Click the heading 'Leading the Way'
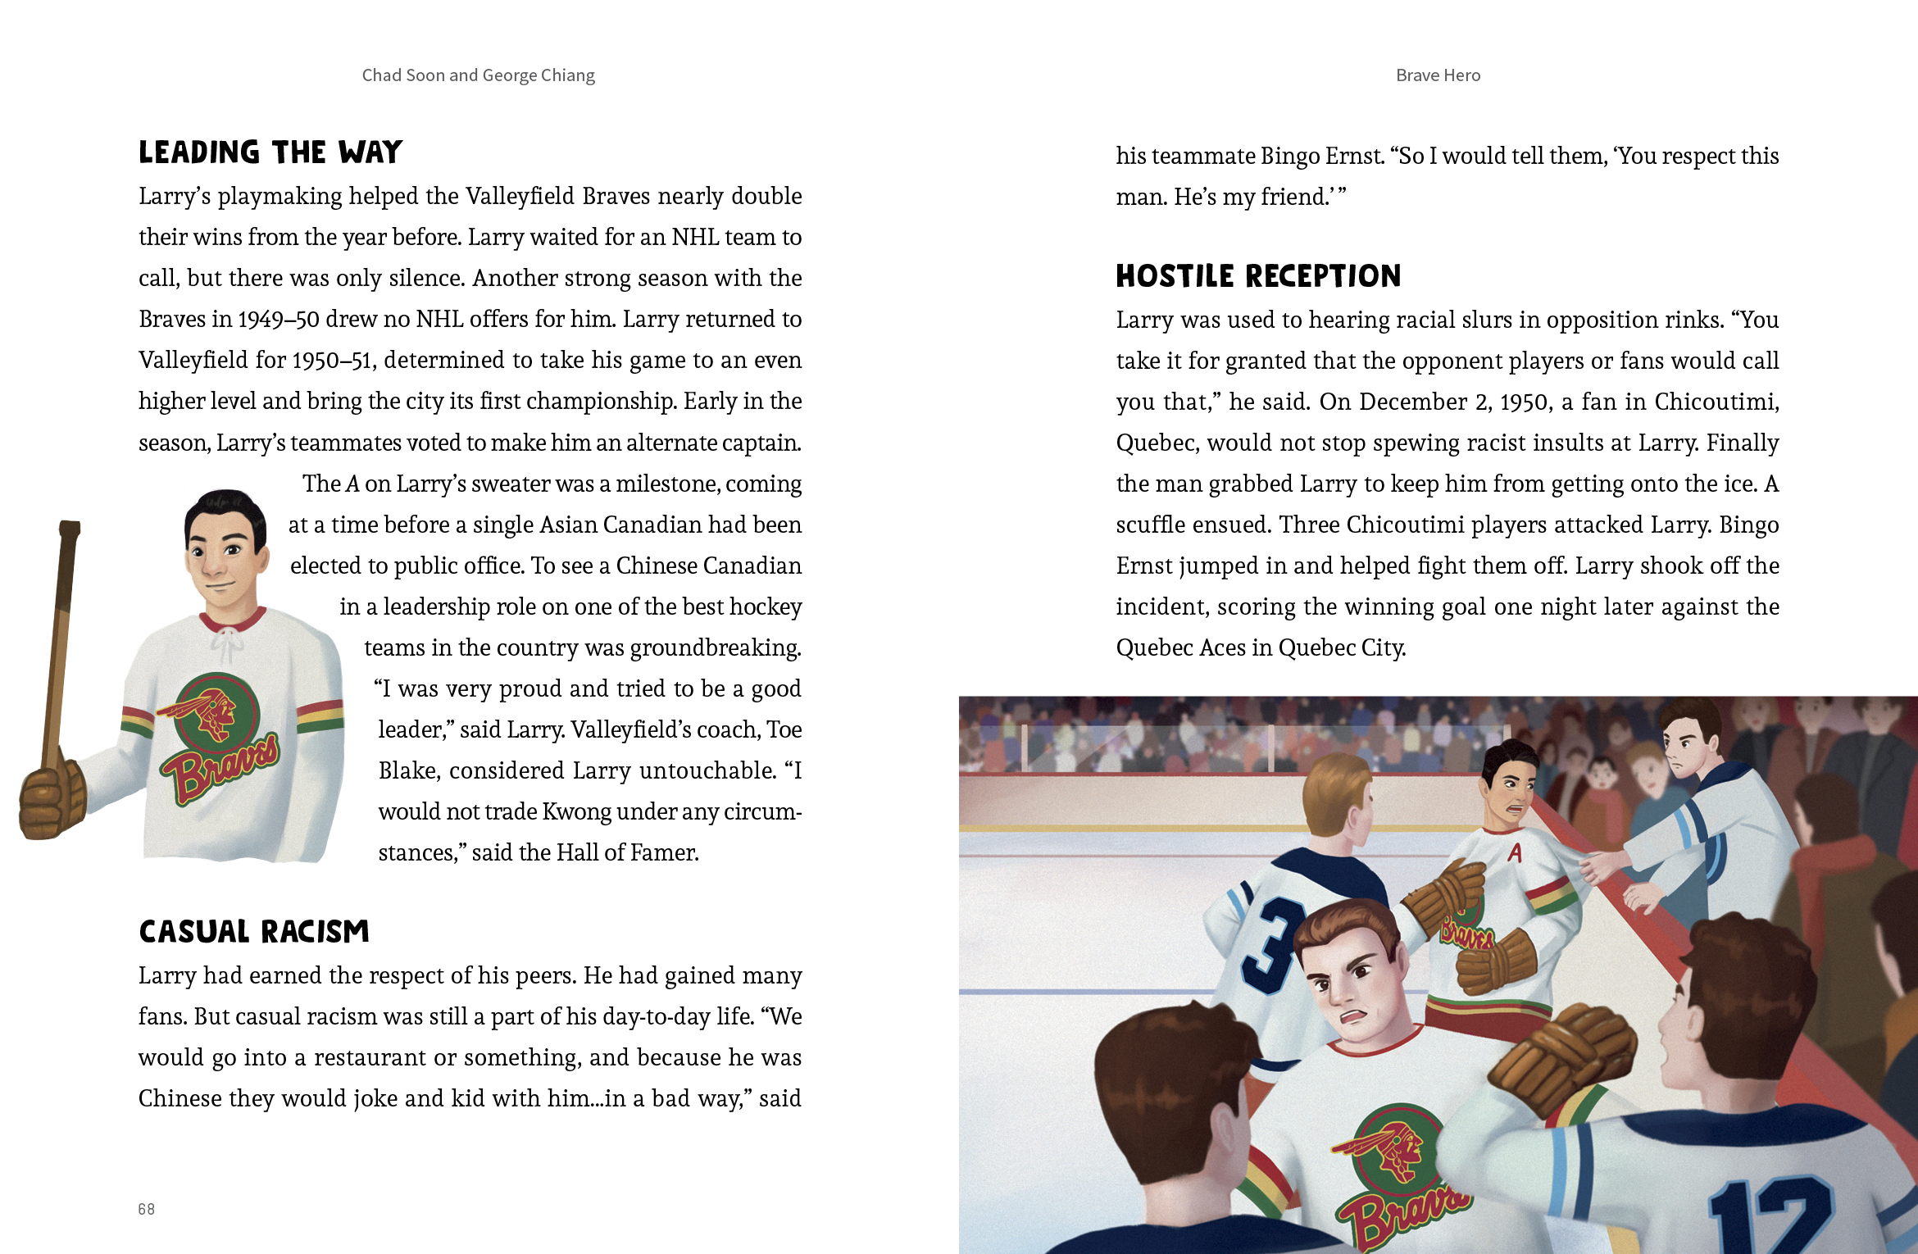(270, 152)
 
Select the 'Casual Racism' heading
(254, 932)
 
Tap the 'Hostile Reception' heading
(1258, 276)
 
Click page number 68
(147, 1209)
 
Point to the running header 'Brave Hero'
(1438, 75)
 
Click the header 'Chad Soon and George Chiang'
(479, 75)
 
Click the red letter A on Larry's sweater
(1515, 853)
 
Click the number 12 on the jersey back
(1770, 1213)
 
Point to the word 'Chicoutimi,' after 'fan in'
(1716, 402)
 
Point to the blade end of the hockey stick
(70, 529)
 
